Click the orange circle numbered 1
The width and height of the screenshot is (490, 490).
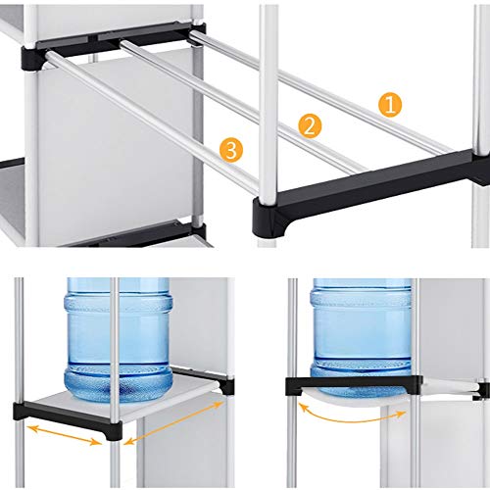pyautogui.click(x=390, y=105)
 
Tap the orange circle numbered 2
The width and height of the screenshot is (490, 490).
pyautogui.click(x=310, y=126)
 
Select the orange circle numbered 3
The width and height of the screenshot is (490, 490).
pyautogui.click(x=231, y=150)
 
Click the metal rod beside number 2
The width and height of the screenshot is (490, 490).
pyautogui.click(x=242, y=106)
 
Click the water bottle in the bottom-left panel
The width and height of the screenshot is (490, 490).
pyautogui.click(x=119, y=340)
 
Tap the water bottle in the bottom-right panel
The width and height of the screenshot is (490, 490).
pyautogui.click(x=362, y=336)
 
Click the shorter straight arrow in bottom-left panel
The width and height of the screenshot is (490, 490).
pyautogui.click(x=64, y=435)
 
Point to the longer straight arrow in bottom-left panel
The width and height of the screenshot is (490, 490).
pyautogui.click(x=173, y=422)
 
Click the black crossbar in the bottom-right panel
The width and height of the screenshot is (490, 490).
pyautogui.click(x=354, y=384)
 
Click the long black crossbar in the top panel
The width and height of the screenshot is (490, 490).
pyautogui.click(x=369, y=188)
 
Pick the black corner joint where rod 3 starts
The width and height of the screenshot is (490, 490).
pyautogui.click(x=34, y=59)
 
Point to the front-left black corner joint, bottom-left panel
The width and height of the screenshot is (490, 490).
pyautogui.click(x=21, y=411)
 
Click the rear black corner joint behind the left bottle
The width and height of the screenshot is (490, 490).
pyautogui.click(x=228, y=386)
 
